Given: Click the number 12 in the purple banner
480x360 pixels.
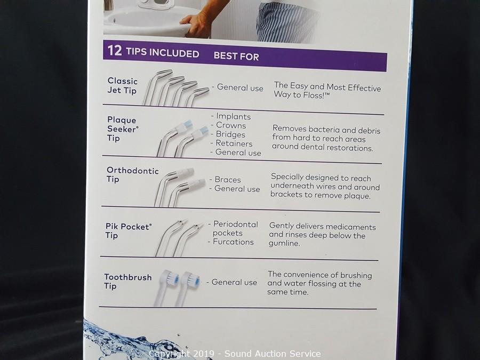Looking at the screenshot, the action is (x=115, y=50).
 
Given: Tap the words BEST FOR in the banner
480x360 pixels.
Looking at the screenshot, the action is (x=236, y=56).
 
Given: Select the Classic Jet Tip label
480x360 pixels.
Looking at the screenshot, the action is (x=123, y=85).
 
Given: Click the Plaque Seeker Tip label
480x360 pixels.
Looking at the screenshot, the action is (x=123, y=129).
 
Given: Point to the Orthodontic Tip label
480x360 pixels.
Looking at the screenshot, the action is (x=133, y=175).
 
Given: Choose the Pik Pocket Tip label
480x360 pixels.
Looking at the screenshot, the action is (x=129, y=231).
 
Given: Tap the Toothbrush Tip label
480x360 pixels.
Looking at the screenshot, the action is (x=127, y=281).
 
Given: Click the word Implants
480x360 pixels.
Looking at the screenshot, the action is (x=233, y=116).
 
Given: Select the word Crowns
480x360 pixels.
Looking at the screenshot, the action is (x=231, y=125).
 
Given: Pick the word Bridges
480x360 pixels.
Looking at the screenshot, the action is (x=230, y=134).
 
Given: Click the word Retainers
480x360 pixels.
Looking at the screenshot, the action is (x=234, y=143).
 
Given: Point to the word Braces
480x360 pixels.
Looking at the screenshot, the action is (x=227, y=179).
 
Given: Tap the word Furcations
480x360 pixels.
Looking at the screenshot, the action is (x=233, y=242).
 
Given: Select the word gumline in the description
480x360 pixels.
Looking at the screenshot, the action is (x=284, y=243).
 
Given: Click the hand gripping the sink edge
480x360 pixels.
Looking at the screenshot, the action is (x=196, y=25).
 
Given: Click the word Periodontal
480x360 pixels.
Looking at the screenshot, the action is (x=235, y=225).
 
